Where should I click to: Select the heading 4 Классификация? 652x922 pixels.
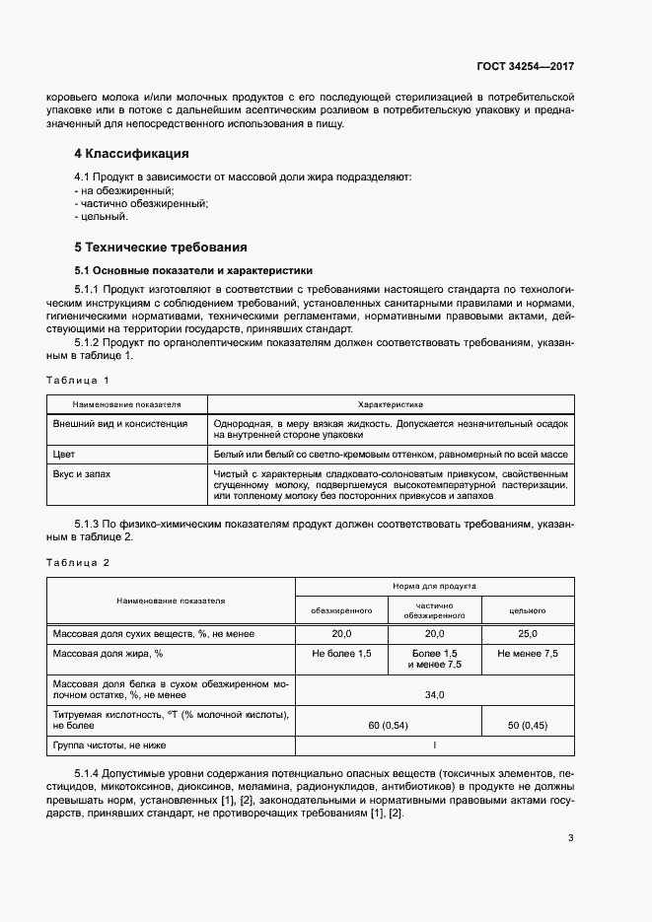(131, 154)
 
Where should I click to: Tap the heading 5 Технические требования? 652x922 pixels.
(160, 247)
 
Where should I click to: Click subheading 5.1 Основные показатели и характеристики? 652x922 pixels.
(193, 269)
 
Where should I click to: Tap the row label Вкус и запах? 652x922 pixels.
(81, 474)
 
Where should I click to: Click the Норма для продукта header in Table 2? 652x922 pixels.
(435, 585)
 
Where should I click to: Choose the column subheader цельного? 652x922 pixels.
(527, 610)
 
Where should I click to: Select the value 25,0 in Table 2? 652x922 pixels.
(527, 633)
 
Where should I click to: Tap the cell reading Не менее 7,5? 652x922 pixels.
(527, 654)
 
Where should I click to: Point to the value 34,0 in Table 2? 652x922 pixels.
(435, 694)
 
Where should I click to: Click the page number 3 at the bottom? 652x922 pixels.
(570, 838)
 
